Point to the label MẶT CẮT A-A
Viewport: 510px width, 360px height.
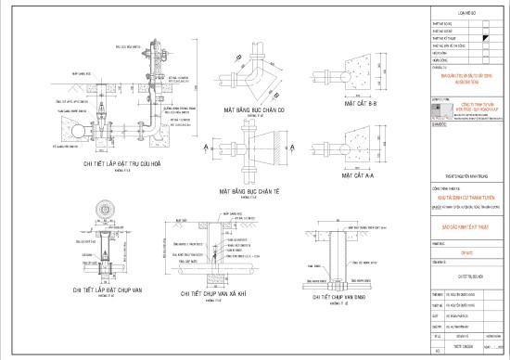point(362,174)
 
